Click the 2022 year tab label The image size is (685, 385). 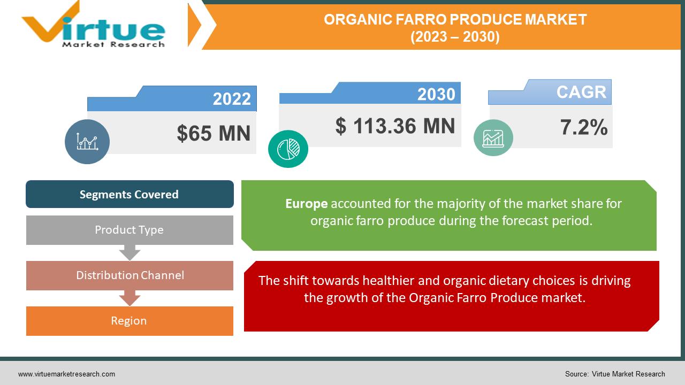pyautogui.click(x=231, y=99)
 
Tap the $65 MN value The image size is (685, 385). pyautogui.click(x=214, y=133)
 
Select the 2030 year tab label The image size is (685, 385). pyautogui.click(x=436, y=94)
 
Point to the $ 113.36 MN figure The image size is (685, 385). pyautogui.click(x=395, y=126)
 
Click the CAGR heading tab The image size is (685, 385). pyautogui.click(x=581, y=92)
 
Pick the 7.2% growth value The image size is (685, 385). pyautogui.click(x=583, y=127)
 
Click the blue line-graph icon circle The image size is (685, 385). pyautogui.click(x=87, y=142)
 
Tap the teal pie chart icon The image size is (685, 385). pyautogui.click(x=288, y=148)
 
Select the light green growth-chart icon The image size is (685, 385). pyautogui.click(x=493, y=137)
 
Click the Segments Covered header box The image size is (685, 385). pyautogui.click(x=130, y=194)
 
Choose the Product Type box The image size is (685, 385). pyautogui.click(x=130, y=230)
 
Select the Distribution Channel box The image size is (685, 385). pyautogui.click(x=130, y=275)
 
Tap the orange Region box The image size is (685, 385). pyautogui.click(x=130, y=321)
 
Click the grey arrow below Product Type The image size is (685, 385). pyautogui.click(x=130, y=252)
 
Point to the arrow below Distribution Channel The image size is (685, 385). pyautogui.click(x=130, y=298)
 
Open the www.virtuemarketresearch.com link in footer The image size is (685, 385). pyautogui.click(x=66, y=374)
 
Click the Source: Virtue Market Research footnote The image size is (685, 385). pyautogui.click(x=615, y=374)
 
